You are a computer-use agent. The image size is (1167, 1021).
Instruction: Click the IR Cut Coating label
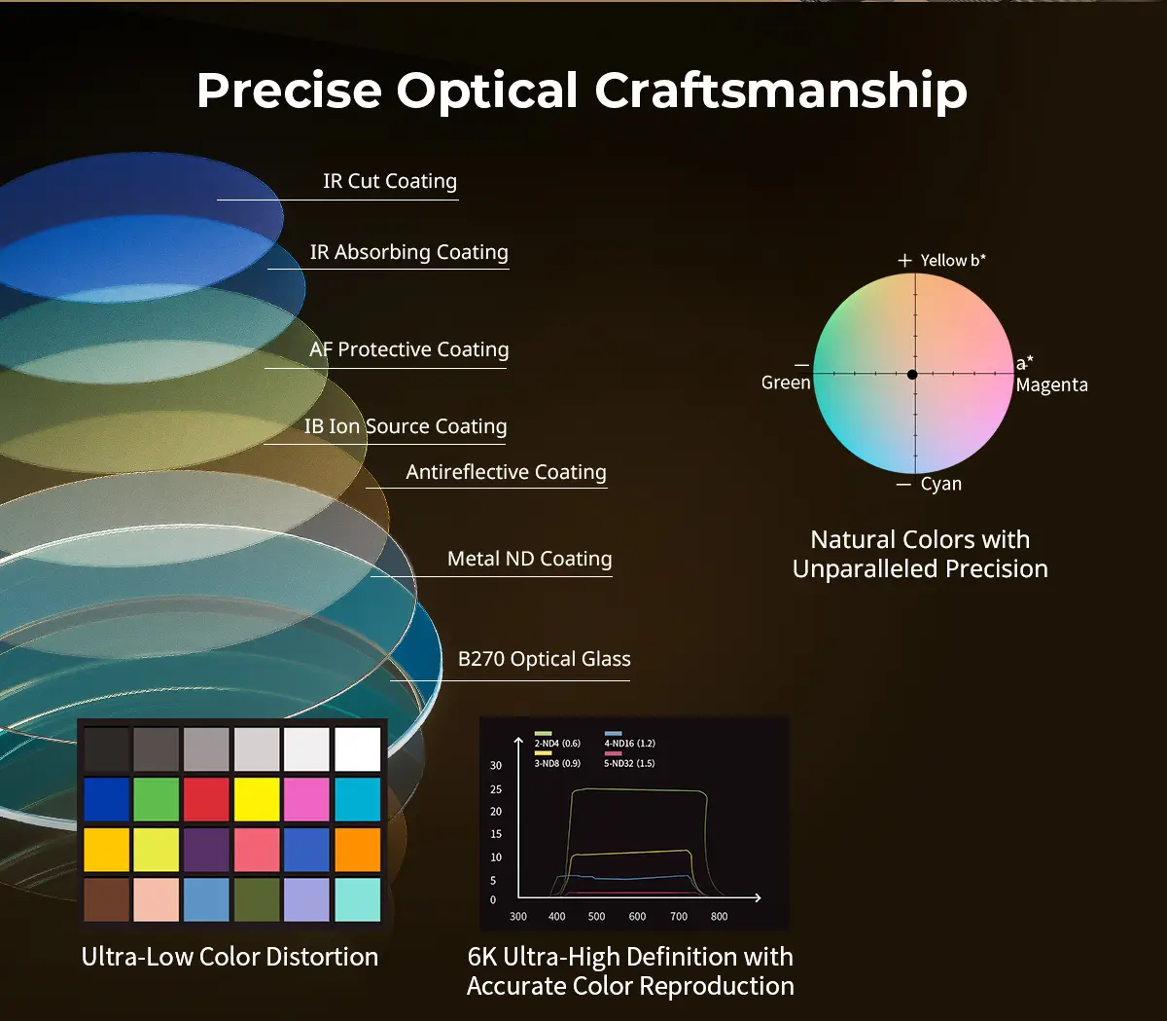point(390,181)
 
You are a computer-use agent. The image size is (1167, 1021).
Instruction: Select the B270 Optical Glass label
point(545,659)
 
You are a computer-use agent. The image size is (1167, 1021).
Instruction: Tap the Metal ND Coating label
point(529,558)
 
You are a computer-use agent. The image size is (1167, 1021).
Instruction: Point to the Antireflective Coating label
point(506,472)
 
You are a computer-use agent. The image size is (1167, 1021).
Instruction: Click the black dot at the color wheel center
point(912,375)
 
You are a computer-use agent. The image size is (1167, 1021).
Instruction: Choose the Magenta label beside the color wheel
point(1051,384)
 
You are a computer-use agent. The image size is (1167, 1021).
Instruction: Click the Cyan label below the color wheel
point(940,484)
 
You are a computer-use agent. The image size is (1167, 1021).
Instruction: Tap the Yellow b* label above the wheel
point(952,260)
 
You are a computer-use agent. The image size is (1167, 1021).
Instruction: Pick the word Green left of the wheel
point(786,383)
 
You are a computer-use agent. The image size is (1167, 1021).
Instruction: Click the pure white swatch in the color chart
point(357,748)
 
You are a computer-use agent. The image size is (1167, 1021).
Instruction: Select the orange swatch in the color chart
point(357,850)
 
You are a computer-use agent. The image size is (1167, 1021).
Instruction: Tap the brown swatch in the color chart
point(107,899)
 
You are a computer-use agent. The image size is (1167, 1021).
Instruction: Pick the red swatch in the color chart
point(206,799)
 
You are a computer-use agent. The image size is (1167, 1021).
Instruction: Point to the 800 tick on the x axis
point(719,916)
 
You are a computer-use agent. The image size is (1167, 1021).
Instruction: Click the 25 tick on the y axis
point(496,789)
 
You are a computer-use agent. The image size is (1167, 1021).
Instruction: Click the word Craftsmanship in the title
point(780,91)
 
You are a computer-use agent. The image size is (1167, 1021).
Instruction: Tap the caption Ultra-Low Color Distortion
point(230,957)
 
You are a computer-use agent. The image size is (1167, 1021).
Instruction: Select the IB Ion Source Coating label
point(405,425)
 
